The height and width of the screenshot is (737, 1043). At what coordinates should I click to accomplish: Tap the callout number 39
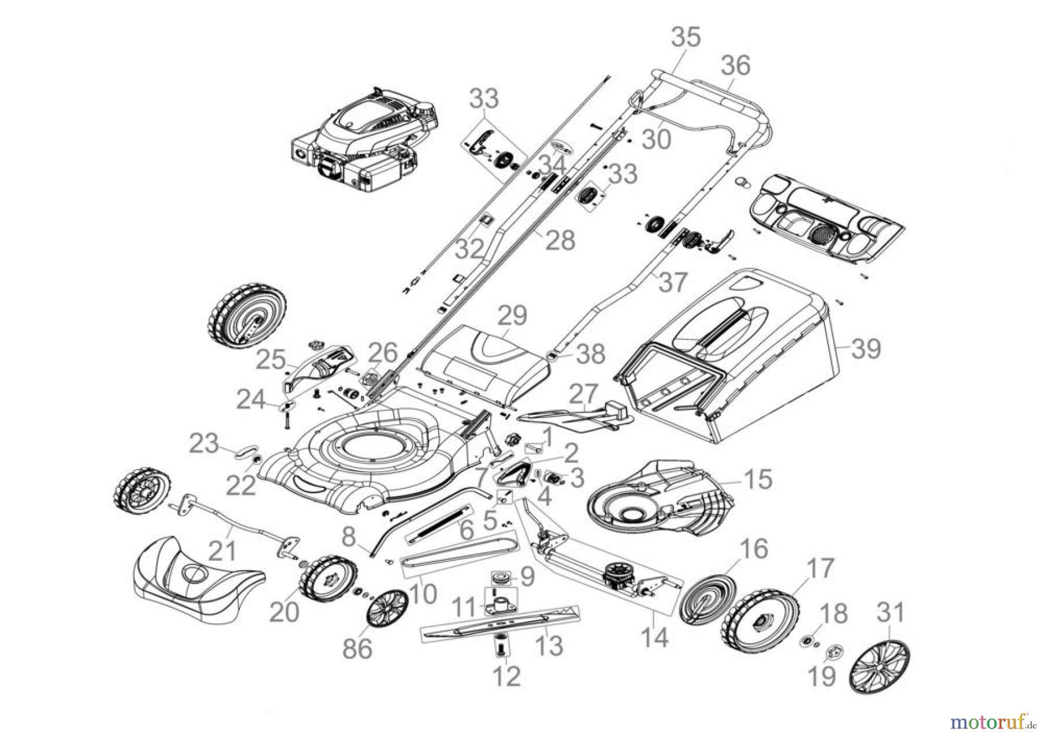[866, 349]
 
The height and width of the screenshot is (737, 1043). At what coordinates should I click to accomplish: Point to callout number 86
[358, 648]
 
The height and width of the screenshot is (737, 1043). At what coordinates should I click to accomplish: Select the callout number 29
[513, 316]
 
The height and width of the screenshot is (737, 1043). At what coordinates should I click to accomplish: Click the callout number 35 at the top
[686, 38]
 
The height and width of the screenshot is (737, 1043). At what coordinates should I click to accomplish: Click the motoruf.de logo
[995, 722]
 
